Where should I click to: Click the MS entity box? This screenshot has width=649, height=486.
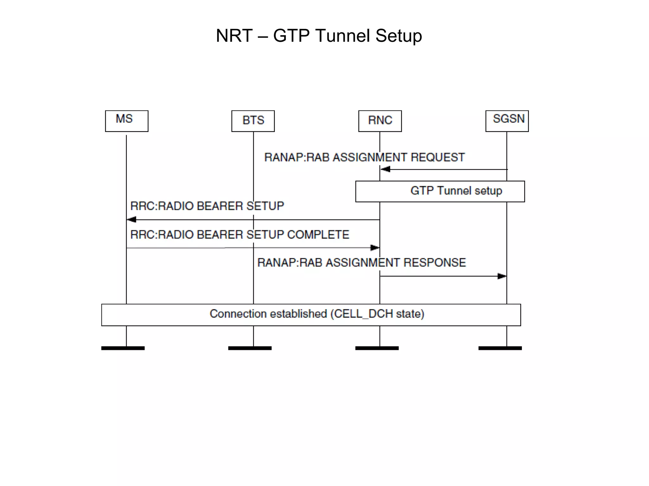pos(126,121)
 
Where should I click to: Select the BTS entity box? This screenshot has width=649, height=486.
pos(253,121)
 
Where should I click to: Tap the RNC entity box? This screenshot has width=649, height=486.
pos(380,121)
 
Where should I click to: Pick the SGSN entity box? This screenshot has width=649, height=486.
pos(507,121)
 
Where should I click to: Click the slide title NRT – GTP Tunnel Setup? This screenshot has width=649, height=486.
pos(319,35)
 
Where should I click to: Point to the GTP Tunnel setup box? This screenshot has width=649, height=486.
pos(440,191)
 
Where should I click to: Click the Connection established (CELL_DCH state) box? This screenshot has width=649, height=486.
pos(311,315)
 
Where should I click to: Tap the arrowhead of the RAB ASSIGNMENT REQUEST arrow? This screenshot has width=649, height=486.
pos(385,169)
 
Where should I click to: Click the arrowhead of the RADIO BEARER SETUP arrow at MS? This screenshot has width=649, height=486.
pos(132,220)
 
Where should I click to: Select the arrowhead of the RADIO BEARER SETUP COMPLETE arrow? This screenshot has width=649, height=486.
pos(375,247)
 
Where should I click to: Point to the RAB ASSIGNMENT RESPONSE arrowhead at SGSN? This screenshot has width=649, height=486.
pos(502,276)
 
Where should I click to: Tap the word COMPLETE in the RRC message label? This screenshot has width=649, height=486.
pos(318,234)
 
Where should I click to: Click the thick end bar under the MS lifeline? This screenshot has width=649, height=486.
pos(123,348)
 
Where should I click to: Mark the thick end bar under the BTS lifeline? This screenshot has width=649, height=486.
pos(250,348)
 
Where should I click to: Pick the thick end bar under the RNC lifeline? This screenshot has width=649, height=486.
pos(377,348)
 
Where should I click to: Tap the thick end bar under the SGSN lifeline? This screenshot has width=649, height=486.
pos(500,348)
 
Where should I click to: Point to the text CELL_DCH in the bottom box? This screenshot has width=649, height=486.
pos(364,314)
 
